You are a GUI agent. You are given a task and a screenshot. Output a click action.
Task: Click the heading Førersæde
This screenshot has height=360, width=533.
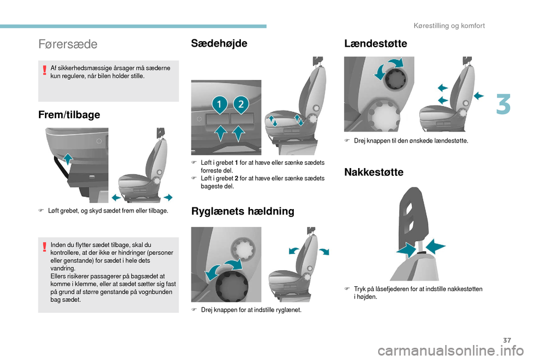click(x=68, y=44)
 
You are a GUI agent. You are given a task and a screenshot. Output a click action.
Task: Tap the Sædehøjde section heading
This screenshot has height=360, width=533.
click(x=219, y=43)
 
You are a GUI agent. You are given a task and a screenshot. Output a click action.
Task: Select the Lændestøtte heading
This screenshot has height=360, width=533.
click(x=375, y=43)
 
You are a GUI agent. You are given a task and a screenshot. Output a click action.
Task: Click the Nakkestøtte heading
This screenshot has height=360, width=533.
click(x=374, y=172)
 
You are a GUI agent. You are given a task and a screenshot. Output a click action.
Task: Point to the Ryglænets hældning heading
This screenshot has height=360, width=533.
click(x=243, y=211)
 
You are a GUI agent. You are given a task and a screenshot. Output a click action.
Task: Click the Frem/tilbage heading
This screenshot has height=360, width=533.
click(x=69, y=114)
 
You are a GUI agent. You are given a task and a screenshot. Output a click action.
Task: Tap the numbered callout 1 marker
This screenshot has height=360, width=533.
click(x=219, y=105)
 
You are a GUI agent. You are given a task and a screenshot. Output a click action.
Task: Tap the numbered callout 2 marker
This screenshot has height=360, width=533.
click(x=241, y=105)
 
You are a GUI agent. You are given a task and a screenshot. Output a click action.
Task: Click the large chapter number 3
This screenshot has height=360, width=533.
click(x=503, y=105)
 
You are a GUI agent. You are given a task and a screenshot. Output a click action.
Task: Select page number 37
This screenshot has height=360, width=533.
click(x=507, y=340)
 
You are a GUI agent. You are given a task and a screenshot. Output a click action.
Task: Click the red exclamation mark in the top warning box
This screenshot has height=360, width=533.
click(x=44, y=70)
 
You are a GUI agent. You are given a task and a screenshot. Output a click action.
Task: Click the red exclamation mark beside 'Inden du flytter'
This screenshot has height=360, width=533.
click(x=44, y=247)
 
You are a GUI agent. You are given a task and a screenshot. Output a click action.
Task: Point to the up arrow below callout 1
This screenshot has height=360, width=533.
click(x=221, y=133)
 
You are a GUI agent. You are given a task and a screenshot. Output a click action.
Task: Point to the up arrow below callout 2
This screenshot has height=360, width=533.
click(x=239, y=133)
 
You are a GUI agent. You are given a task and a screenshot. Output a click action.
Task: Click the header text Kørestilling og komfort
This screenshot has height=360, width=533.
click(x=449, y=26)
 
